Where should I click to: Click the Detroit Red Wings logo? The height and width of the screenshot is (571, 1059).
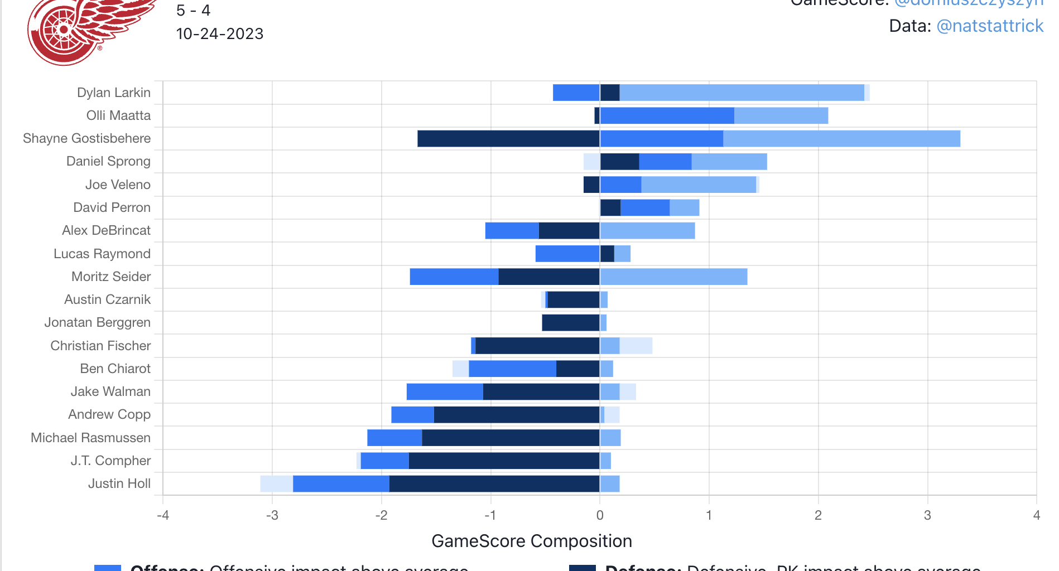pos(84,31)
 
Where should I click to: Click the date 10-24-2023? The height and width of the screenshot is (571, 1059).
pos(219,34)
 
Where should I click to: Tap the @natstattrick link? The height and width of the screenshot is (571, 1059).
pos(989,26)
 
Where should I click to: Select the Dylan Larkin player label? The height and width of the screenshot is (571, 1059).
pos(113,93)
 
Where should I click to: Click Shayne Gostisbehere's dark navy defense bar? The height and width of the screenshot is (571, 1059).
pos(508,138)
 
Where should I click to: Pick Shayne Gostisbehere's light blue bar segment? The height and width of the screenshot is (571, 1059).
pos(841,138)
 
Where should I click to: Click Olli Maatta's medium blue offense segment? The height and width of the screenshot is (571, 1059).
pos(667,115)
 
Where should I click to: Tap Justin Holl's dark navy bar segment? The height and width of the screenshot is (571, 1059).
pos(494,483)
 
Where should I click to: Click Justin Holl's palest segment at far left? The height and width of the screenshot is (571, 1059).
pos(276,483)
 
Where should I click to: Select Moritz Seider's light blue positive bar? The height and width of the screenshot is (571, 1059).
pos(673,277)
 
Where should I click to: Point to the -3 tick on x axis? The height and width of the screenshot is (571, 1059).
pos(272,515)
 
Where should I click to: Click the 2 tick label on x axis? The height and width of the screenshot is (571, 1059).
pos(818,515)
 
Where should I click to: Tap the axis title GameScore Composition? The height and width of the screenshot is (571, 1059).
pos(531,541)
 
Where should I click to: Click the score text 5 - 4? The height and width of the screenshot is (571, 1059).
pos(193,11)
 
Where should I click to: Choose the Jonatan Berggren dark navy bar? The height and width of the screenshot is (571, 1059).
pos(570,322)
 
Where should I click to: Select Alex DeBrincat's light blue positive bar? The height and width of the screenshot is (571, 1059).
pos(647,230)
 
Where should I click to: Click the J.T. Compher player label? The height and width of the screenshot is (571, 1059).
pos(110,461)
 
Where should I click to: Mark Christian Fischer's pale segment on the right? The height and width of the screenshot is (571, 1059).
pos(636,346)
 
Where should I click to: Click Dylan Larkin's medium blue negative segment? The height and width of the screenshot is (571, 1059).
pos(576,93)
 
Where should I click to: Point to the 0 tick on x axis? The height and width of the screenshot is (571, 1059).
pos(600,515)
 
